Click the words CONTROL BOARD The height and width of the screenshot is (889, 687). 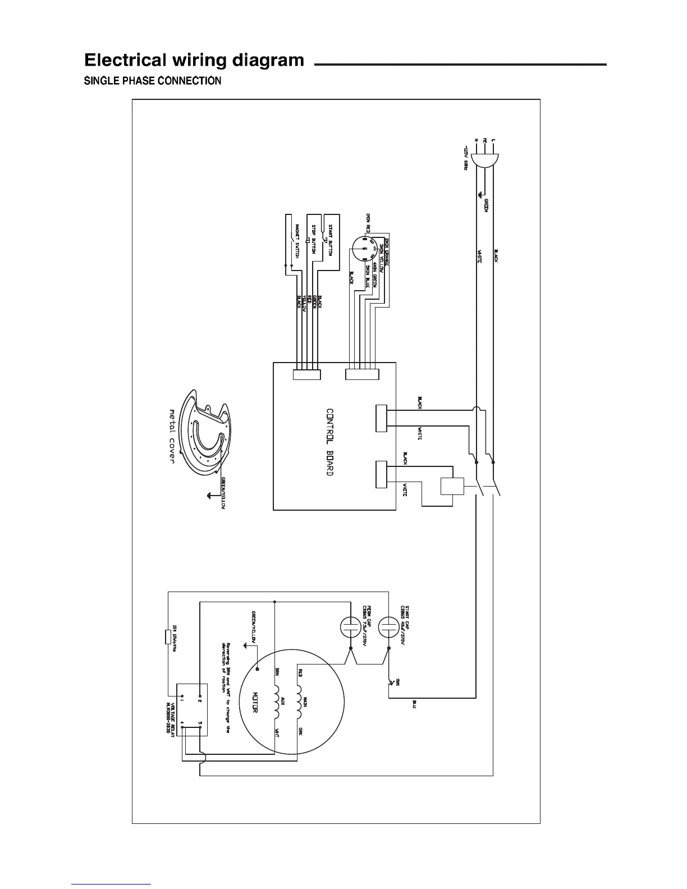(330, 442)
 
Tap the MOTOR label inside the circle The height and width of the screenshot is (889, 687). (254, 702)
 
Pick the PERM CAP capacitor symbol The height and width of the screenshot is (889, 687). (351, 626)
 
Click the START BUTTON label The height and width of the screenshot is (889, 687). (331, 240)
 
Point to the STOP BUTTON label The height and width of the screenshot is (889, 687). (314, 240)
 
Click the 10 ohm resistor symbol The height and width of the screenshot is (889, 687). (168, 636)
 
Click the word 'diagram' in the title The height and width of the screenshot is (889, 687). (264, 60)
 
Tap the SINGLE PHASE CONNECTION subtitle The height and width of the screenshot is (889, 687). (153, 81)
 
